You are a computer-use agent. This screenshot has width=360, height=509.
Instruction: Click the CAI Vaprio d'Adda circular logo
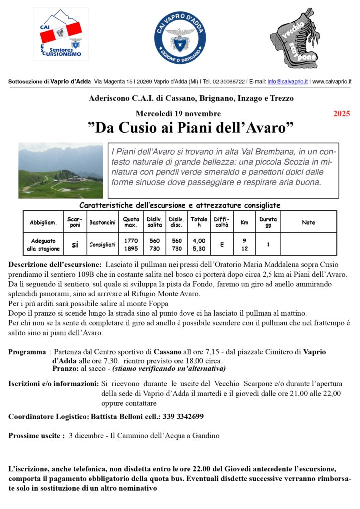[x=180, y=39]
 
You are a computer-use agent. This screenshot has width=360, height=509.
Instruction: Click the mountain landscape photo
[x=61, y=170]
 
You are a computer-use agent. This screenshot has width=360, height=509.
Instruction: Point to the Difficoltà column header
[x=221, y=222]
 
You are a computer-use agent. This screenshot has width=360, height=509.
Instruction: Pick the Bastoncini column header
[x=102, y=222]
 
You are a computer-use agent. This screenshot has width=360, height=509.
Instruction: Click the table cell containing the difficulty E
[x=221, y=244]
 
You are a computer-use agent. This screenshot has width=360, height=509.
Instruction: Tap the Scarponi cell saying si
[x=75, y=244]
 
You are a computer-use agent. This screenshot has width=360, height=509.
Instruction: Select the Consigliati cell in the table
[x=102, y=245]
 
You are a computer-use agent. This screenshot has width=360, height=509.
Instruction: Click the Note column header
[x=308, y=222]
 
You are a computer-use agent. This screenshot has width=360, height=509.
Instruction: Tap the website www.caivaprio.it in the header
[x=332, y=81]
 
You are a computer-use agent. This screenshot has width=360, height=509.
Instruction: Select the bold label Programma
[x=27, y=352]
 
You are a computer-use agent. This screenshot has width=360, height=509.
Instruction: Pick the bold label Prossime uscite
[x=36, y=436]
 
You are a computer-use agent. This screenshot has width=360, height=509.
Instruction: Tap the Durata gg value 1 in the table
[x=268, y=244]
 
